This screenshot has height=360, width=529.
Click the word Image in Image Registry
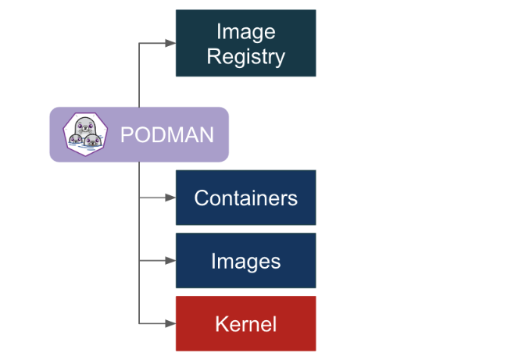tap(245, 32)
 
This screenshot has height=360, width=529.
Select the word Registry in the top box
tap(245, 55)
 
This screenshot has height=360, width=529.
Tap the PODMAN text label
tap(166, 135)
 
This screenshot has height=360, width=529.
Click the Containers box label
tap(245, 198)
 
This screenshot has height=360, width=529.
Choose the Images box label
tap(245, 261)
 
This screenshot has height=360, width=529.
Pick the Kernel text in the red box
tap(245, 323)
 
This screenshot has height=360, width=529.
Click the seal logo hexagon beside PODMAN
tap(84, 134)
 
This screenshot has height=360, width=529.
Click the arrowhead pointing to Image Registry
tap(171, 43)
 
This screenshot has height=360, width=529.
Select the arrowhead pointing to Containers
tap(171, 198)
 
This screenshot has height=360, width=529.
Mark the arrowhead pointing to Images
tap(171, 260)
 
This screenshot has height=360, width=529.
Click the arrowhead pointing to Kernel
tap(171, 323)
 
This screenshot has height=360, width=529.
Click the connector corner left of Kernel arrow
tap(139, 323)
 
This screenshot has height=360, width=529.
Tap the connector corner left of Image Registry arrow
tap(139, 43)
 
